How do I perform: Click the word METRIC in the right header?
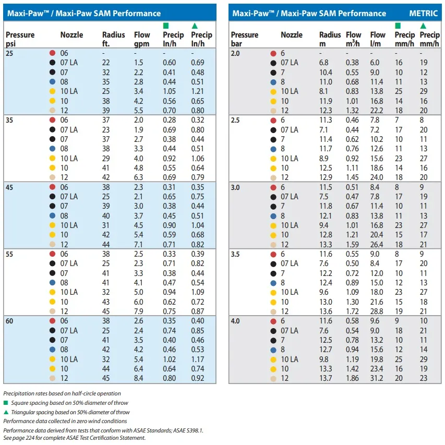tap(423, 14)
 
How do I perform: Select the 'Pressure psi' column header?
tap(20, 39)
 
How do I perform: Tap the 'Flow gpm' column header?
tap(142, 39)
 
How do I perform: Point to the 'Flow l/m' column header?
tap(378, 39)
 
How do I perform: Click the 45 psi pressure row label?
tap(9, 187)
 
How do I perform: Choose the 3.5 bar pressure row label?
tap(235, 254)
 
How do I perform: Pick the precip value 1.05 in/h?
tap(170, 91)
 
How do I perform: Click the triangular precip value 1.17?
tap(198, 359)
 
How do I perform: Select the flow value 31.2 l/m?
tap(377, 378)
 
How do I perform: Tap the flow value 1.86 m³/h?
tap(352, 378)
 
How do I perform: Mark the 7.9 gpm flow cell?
tap(138, 311)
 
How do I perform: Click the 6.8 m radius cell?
tap(324, 63)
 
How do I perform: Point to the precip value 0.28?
tap(170, 120)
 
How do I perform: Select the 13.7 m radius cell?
tap(326, 378)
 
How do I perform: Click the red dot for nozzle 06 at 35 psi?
tap(52, 120)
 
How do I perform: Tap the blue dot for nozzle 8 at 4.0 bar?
tap(273, 350)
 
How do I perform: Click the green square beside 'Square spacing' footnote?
tap(6, 403)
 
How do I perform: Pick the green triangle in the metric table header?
tap(423, 26)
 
